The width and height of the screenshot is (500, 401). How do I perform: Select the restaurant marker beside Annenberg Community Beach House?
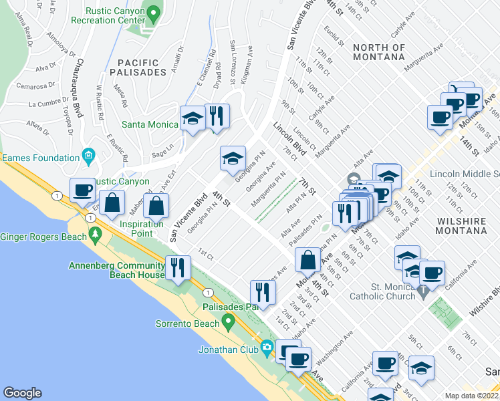click(x=178, y=267)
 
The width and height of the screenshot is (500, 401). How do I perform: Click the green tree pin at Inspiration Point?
click(x=94, y=235)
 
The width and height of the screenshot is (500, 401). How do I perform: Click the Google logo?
click(x=22, y=393)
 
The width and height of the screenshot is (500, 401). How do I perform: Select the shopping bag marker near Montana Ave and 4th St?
click(x=308, y=260)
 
